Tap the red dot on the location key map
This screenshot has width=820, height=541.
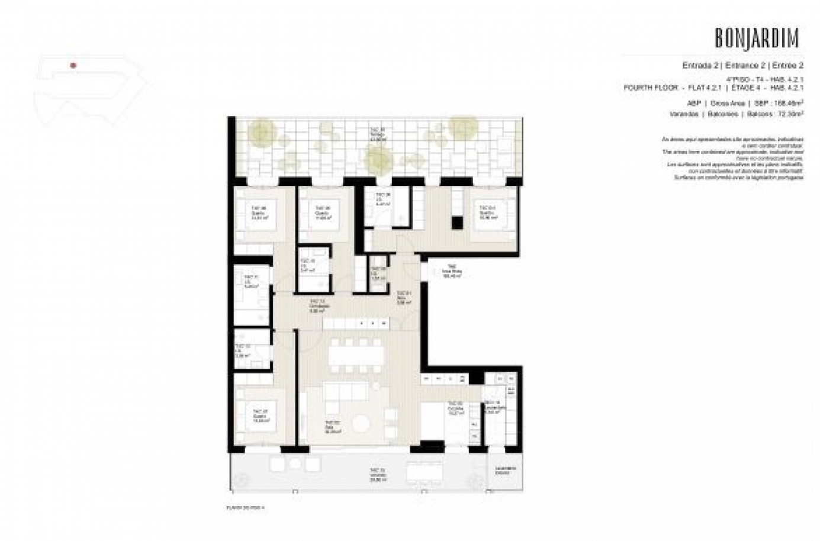tap(72, 65)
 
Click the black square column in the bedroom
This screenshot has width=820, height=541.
tap(456, 222)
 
